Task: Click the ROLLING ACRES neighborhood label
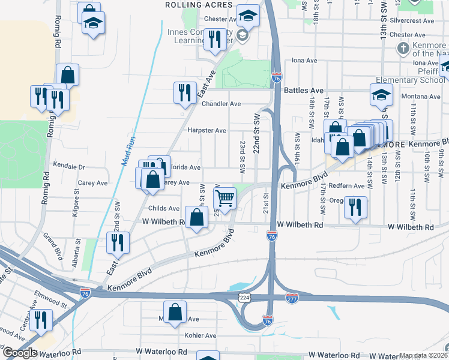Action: point(199,5)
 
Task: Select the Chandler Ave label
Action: point(221,104)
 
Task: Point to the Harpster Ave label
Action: point(206,130)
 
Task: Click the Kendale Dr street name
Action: point(70,166)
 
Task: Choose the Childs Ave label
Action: point(164,208)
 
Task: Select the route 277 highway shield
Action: point(292,298)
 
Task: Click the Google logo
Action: point(19,353)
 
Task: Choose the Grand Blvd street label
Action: point(52,246)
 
